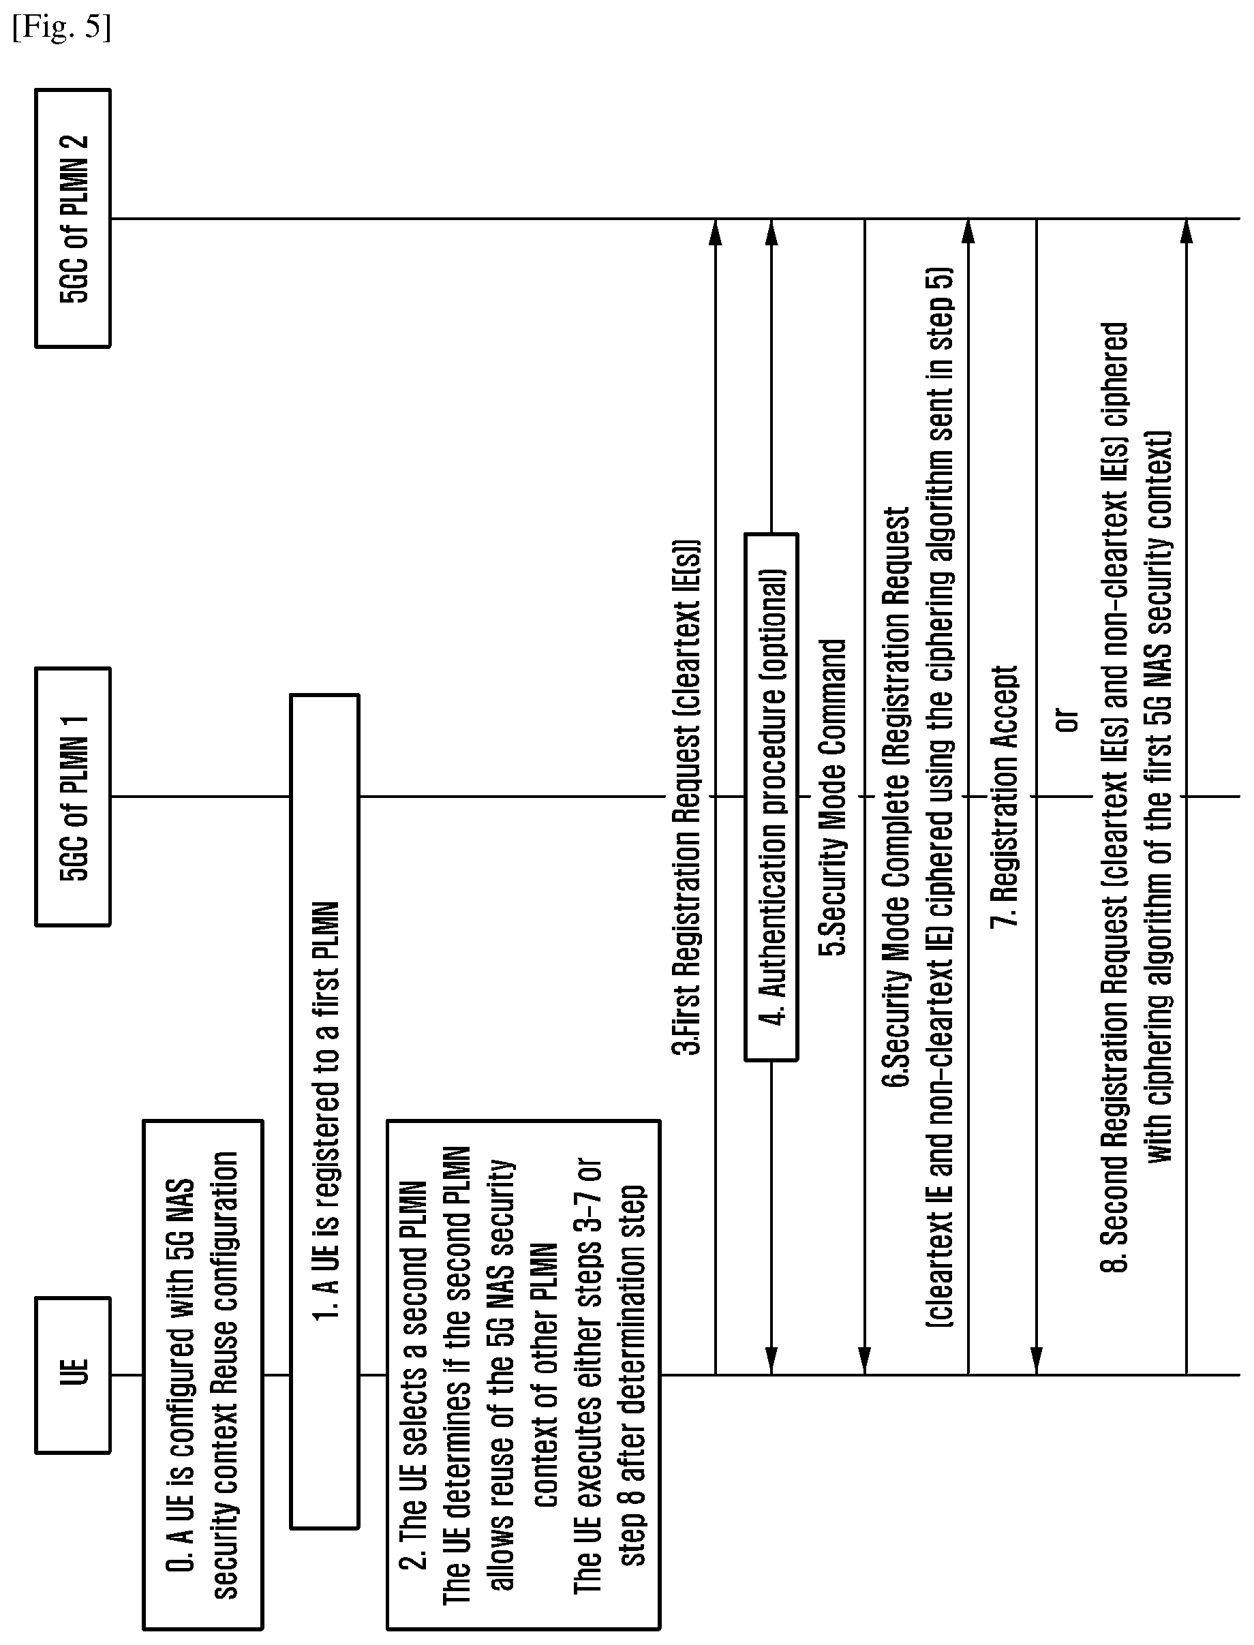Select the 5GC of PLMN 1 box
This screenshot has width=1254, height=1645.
coord(72,797)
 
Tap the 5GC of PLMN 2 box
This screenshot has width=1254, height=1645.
coord(72,218)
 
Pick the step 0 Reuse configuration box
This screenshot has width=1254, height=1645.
coord(202,1374)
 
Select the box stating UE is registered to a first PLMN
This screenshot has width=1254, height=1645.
coord(324,1111)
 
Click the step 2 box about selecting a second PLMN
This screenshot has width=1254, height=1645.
coord(523,1374)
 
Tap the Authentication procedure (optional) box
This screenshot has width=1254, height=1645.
coord(771,797)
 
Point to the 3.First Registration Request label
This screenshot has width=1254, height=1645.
coord(688,797)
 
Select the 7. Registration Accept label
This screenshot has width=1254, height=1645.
coord(1004,797)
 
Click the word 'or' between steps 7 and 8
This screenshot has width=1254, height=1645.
coord(1068,720)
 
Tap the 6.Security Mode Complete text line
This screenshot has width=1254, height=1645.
coord(896,797)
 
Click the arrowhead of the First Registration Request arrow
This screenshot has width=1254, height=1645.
coord(715,232)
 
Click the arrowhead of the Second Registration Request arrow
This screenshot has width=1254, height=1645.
coord(1187,232)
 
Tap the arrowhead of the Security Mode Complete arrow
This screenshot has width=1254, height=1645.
coord(968,232)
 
